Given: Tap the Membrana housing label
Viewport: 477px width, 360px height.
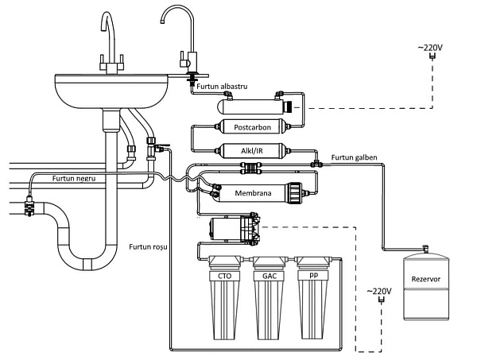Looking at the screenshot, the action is click(253, 193).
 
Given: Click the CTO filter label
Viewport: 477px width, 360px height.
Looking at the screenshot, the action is click(224, 276).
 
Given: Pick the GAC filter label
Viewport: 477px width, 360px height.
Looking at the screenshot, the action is click(270, 276).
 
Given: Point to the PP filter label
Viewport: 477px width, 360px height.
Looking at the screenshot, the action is click(313, 275).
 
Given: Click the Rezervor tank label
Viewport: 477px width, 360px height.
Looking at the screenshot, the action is click(425, 279).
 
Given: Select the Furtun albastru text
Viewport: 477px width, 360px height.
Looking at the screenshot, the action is click(222, 87).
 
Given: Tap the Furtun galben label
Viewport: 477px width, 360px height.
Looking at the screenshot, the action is click(354, 157).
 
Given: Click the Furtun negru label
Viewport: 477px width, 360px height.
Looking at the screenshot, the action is click(74, 178).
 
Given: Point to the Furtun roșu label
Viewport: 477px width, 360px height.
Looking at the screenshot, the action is click(148, 246).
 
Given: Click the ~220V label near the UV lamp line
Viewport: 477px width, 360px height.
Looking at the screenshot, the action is click(430, 48).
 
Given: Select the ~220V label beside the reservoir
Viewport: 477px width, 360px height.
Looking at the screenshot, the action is click(379, 292).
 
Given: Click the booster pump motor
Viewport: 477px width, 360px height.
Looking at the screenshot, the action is click(225, 228).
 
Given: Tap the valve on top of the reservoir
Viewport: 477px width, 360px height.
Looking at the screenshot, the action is click(425, 249).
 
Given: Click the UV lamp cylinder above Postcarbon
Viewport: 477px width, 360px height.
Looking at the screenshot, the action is click(253, 107).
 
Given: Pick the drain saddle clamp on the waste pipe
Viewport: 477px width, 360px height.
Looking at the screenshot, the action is click(29, 205).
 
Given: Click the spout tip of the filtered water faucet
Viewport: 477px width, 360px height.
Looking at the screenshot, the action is click(162, 21).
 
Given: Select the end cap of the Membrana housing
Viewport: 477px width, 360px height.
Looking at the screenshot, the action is click(294, 193).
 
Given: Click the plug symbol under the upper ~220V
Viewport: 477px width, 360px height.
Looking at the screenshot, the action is click(432, 56).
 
